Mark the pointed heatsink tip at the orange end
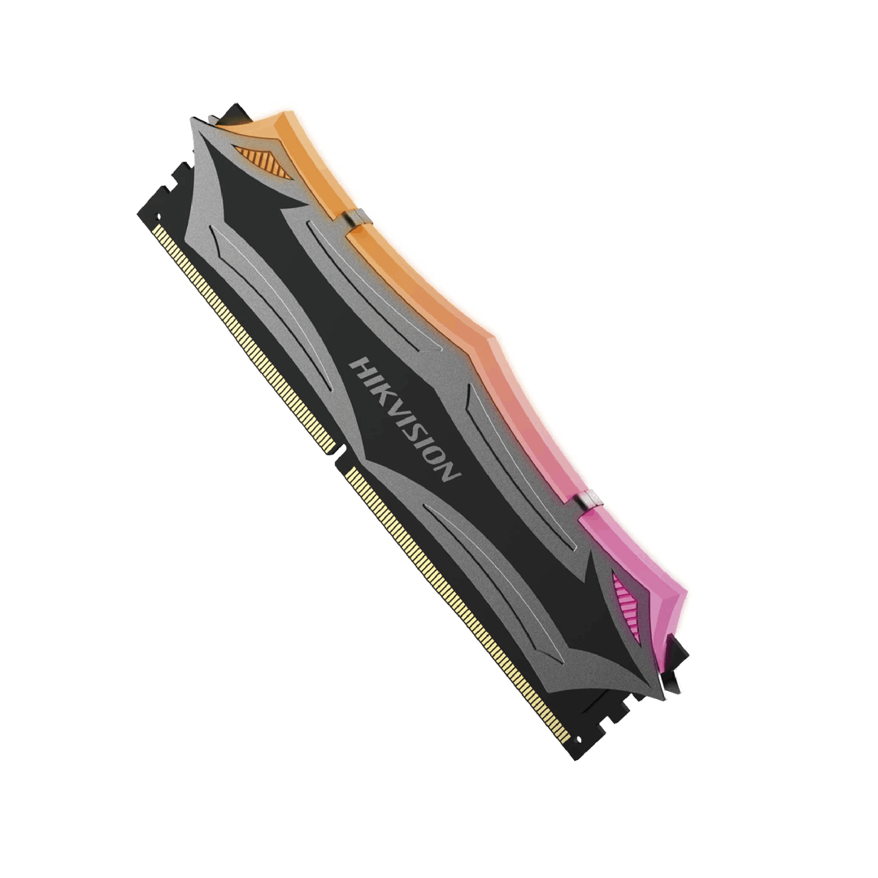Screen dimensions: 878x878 point(195,122)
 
